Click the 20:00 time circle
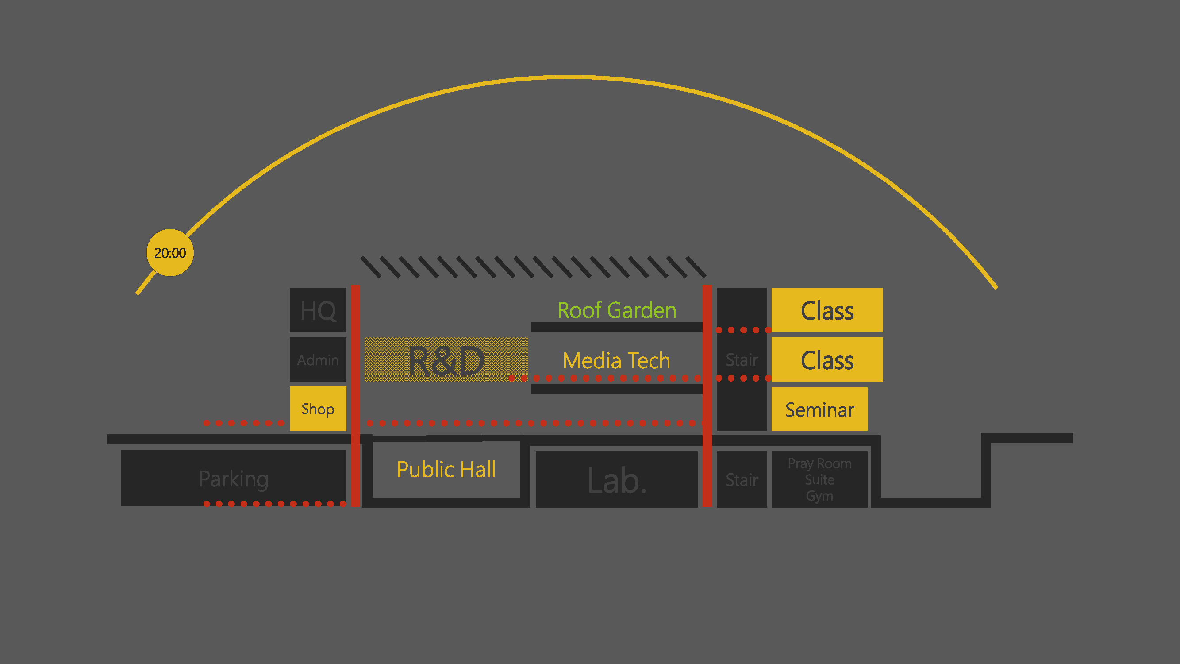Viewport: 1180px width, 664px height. [x=170, y=253]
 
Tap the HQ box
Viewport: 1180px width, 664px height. [x=318, y=310]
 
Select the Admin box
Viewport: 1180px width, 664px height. [x=318, y=360]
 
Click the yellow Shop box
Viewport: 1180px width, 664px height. [x=318, y=409]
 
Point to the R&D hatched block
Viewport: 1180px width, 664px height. [x=446, y=360]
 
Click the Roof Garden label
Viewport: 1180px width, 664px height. [x=617, y=310]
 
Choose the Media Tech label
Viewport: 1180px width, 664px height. [x=617, y=361]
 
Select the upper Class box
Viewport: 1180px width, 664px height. [x=827, y=310]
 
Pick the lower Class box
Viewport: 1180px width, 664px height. [x=827, y=360]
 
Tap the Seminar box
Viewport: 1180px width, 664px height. [x=819, y=409]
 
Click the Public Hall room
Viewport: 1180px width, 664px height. [x=446, y=470]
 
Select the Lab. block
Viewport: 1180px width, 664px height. [x=617, y=480]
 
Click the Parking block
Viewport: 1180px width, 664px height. [x=234, y=479]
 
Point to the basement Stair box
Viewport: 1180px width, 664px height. [x=742, y=480]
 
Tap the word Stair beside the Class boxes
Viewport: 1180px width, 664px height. [x=742, y=360]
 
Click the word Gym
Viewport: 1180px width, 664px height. [x=819, y=496]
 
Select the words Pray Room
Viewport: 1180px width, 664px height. [x=819, y=464]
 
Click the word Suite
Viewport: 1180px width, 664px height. [x=819, y=480]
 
